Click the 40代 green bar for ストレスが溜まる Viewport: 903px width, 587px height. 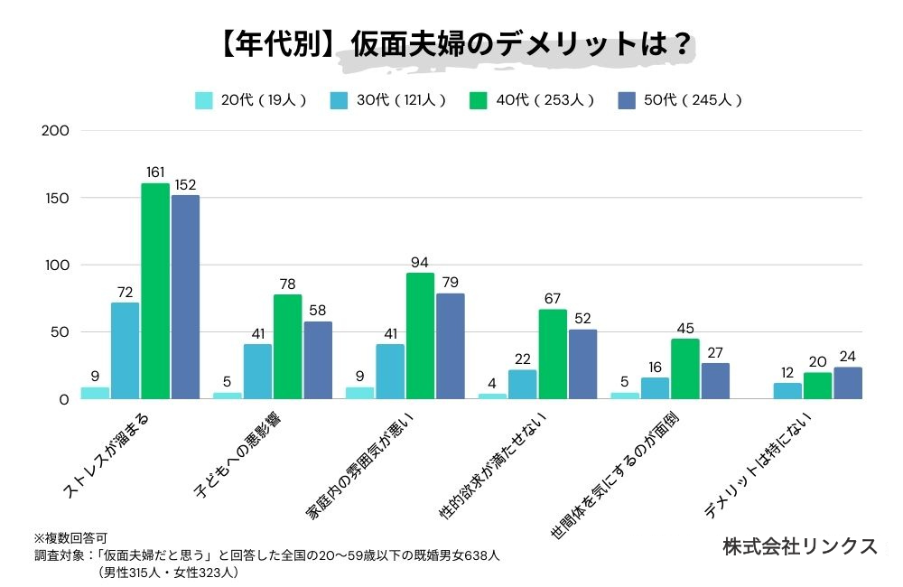(x=155, y=291)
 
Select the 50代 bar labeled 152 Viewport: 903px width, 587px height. (x=185, y=296)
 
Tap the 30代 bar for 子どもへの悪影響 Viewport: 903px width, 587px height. (x=257, y=371)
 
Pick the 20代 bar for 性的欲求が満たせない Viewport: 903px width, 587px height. (x=492, y=396)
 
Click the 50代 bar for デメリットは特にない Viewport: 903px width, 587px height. (x=848, y=383)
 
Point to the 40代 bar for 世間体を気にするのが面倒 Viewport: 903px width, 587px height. (x=684, y=368)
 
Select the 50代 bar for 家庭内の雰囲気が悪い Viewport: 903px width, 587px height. (x=450, y=346)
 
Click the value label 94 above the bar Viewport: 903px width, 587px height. (x=420, y=263)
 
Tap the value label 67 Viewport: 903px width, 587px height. (x=553, y=299)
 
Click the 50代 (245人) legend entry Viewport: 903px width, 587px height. (x=678, y=100)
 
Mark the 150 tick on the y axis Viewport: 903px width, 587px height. (x=56, y=198)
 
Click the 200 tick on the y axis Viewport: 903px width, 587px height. (x=56, y=131)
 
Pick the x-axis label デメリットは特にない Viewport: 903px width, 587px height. (x=760, y=465)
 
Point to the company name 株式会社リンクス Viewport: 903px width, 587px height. (x=800, y=546)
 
